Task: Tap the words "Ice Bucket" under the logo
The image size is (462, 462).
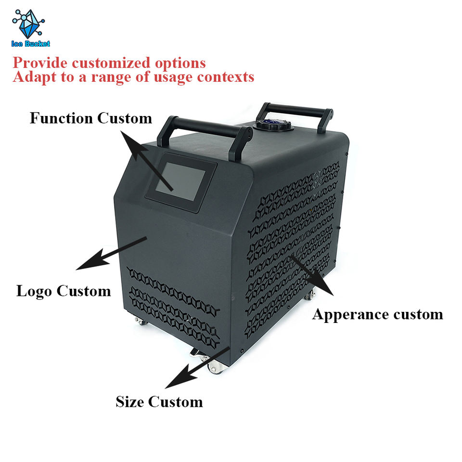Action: click(x=31, y=44)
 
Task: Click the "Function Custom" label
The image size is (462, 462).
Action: click(x=90, y=118)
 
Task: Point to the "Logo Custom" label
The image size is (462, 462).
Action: click(x=64, y=291)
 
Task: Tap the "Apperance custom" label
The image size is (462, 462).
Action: click(x=377, y=314)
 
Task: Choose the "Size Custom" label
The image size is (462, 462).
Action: click(x=159, y=401)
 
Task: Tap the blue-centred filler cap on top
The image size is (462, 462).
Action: click(x=267, y=125)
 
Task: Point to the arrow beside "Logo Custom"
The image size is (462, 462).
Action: click(x=111, y=253)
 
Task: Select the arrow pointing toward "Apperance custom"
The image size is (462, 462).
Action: click(x=312, y=275)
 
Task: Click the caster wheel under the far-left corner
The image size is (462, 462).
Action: click(x=141, y=321)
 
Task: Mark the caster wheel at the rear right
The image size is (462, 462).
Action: click(x=309, y=295)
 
